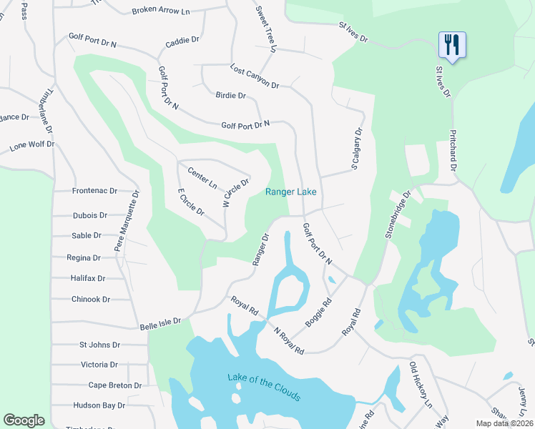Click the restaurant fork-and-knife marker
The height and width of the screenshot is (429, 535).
pos(452,44)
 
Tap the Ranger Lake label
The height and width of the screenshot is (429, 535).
pos(290,192)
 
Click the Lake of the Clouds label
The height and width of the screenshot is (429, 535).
pos(264,387)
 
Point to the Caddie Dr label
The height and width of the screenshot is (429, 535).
pos(182,41)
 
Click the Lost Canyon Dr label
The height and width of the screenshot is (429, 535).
pos(255,76)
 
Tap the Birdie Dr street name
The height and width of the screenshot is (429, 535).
pos(230,95)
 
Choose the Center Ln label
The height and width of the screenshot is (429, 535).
pos(202,177)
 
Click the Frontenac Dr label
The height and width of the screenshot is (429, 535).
pos(94,191)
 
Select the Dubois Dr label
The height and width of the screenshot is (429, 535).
pos(89,214)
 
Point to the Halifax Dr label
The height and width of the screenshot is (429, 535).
pos(88,278)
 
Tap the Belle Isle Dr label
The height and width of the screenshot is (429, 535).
pos(160,322)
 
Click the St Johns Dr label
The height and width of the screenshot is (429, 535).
pos(101,345)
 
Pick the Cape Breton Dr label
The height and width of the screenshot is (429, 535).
pos(115,385)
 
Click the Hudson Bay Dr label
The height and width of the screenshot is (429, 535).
pos(99,405)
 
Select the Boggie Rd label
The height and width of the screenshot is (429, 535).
pos(319,312)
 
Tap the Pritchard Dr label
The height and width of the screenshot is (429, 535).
pos(453,149)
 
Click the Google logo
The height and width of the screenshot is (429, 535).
pos(24,420)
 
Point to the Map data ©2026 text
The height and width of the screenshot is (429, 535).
pos(504,423)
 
